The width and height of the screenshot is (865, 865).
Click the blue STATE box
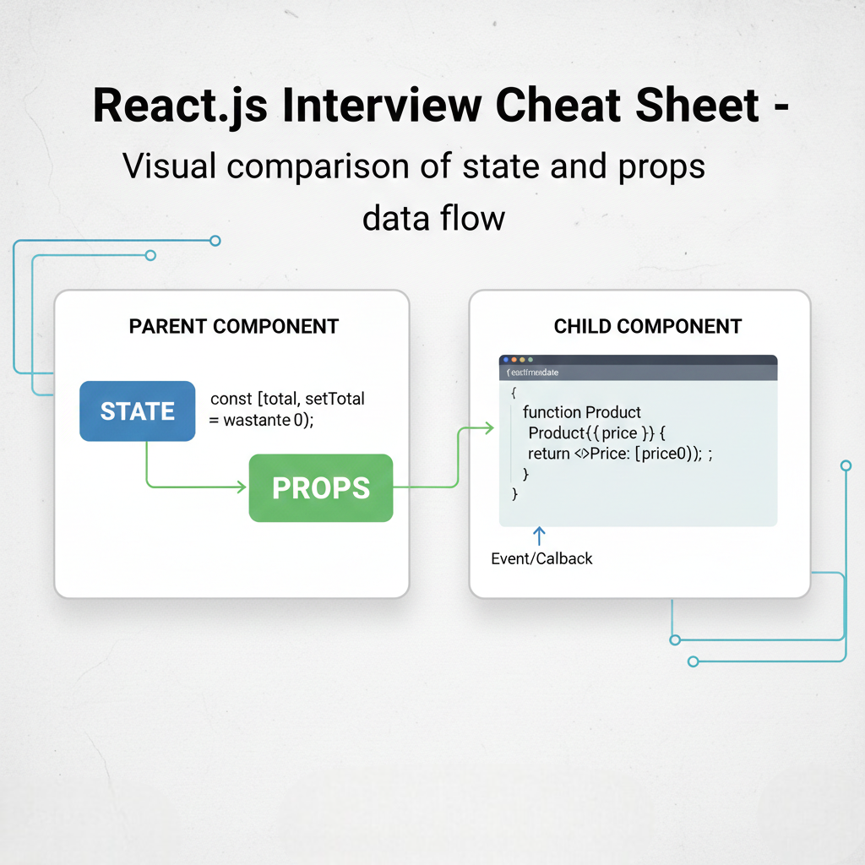coord(137,411)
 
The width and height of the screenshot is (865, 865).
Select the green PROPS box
coord(321,487)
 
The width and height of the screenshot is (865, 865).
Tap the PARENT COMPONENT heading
coord(233,326)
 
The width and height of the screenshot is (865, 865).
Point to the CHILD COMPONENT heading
coord(647,326)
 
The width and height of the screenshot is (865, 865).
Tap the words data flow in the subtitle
coord(433,218)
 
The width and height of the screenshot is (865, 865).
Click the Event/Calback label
coord(541,558)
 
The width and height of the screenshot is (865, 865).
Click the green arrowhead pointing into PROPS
coord(242,487)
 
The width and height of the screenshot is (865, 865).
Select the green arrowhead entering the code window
coord(488,429)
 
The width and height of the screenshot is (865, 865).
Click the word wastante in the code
coord(258,420)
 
